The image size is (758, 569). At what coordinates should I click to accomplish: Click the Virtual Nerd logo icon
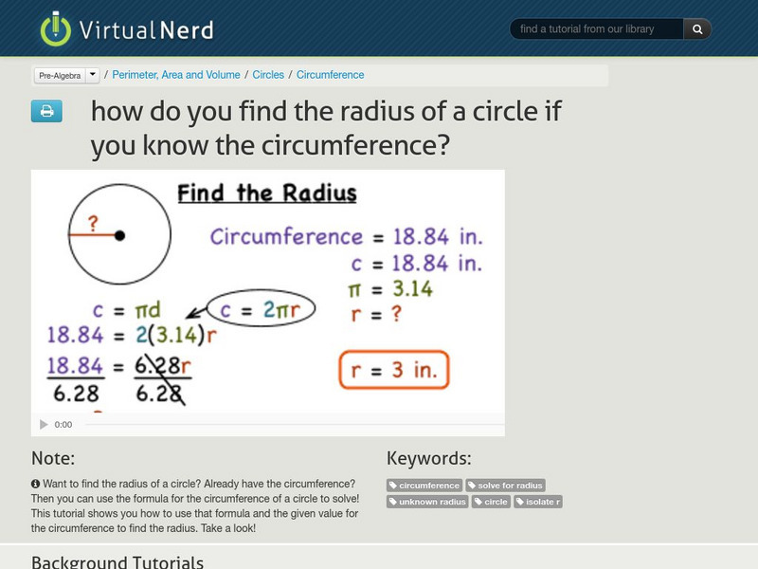tap(55, 29)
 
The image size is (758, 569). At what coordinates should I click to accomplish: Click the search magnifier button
tap(697, 29)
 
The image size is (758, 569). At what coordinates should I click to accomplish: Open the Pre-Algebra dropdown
tap(93, 75)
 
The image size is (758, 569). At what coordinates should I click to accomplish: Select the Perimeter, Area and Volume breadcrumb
tap(177, 75)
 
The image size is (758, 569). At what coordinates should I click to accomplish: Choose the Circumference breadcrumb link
tap(330, 75)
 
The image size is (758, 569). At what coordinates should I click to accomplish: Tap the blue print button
tap(46, 112)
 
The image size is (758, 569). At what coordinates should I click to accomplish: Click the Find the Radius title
tap(267, 194)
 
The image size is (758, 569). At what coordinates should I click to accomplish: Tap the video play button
tap(43, 425)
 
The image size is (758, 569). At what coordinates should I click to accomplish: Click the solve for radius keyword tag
tap(506, 486)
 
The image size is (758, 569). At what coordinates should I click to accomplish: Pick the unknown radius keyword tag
tap(428, 502)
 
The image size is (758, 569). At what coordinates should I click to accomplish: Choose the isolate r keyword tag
tap(538, 502)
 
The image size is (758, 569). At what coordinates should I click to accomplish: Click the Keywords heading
tap(428, 459)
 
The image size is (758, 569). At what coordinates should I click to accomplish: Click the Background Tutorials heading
tap(117, 561)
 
